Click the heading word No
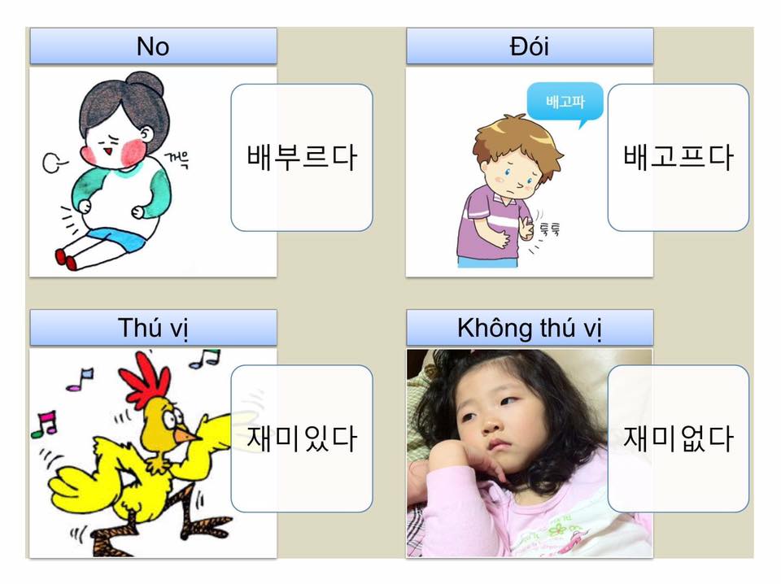(153, 46)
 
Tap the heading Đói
(530, 46)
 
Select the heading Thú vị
(153, 328)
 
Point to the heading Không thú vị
(530, 328)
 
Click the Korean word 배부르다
(302, 157)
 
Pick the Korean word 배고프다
(678, 157)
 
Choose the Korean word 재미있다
(302, 438)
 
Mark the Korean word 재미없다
(678, 438)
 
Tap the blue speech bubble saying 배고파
(565, 102)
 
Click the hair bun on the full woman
(145, 84)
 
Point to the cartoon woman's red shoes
(65, 259)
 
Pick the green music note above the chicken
(206, 358)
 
